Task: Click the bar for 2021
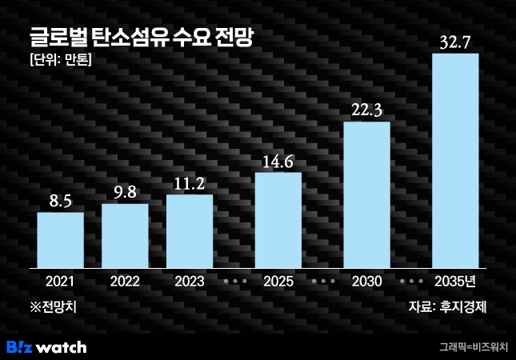click(x=60, y=239)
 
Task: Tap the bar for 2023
click(x=190, y=230)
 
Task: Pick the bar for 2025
click(x=278, y=219)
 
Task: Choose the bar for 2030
click(x=366, y=194)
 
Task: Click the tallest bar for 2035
click(x=455, y=160)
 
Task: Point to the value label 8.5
click(x=60, y=200)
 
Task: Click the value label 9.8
click(x=125, y=192)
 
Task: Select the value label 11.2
click(x=190, y=183)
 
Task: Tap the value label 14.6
click(x=278, y=161)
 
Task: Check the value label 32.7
click(x=455, y=41)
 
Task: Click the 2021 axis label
click(x=60, y=282)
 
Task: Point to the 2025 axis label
click(x=278, y=282)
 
